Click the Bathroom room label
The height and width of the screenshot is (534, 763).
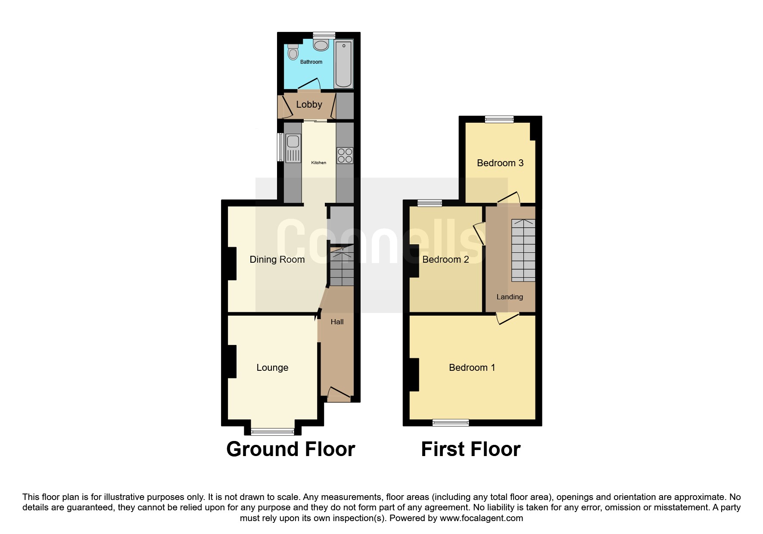tap(311, 62)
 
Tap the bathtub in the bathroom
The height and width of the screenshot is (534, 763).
tap(343, 64)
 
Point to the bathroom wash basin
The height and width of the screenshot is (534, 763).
tap(321, 45)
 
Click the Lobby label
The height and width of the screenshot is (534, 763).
tap(309, 105)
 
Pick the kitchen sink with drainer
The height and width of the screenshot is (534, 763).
tap(293, 148)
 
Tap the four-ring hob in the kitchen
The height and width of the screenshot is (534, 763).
tap(345, 155)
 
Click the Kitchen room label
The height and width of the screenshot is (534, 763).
tap(319, 163)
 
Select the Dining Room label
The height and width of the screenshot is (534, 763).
tap(277, 259)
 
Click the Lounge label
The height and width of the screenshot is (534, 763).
tap(272, 367)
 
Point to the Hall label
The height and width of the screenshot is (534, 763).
tap(337, 322)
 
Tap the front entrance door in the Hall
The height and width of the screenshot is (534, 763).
tap(339, 394)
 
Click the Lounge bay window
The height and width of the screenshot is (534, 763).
tap(273, 431)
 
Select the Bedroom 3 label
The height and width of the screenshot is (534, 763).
tap(500, 163)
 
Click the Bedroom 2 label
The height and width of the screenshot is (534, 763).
tap(445, 259)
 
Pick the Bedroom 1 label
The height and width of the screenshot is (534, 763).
tap(472, 367)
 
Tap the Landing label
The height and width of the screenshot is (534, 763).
tap(510, 297)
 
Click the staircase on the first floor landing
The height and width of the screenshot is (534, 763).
tap(523, 250)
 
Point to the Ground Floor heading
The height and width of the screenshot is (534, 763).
tap(291, 449)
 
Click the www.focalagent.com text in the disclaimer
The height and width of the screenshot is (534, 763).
tap(481, 518)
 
